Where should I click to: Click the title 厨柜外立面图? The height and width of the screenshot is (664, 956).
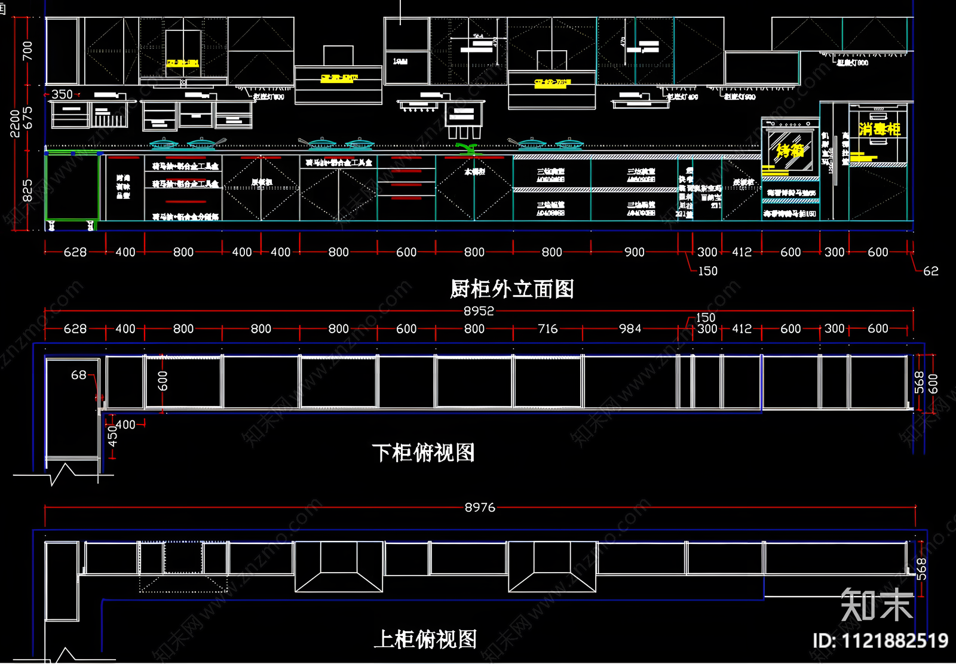click(x=511, y=289)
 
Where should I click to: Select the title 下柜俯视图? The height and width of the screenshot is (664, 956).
click(x=423, y=453)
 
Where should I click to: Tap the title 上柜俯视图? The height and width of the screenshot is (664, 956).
click(x=425, y=640)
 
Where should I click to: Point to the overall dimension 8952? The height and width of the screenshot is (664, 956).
click(x=479, y=311)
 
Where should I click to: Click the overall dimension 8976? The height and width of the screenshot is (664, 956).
click(x=480, y=508)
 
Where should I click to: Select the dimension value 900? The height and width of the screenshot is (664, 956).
click(x=634, y=252)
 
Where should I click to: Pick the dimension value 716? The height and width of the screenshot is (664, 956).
click(x=547, y=328)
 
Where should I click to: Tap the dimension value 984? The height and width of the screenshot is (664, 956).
click(x=630, y=328)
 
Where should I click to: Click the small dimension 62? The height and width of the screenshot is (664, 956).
click(x=930, y=271)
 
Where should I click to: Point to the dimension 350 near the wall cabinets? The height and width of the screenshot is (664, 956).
click(x=62, y=94)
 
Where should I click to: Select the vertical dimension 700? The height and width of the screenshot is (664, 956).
click(x=27, y=50)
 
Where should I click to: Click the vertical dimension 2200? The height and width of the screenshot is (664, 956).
click(x=15, y=124)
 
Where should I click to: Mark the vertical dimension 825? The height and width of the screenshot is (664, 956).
click(x=27, y=191)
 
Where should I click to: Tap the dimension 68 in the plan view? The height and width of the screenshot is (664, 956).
click(x=78, y=375)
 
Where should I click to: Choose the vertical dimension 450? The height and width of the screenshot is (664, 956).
click(x=112, y=436)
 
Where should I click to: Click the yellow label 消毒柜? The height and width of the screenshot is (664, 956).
click(x=879, y=129)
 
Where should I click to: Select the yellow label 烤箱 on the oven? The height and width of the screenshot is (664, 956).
click(x=790, y=150)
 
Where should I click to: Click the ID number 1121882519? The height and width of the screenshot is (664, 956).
click(x=880, y=641)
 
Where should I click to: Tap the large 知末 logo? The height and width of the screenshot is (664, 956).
click(x=877, y=605)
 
